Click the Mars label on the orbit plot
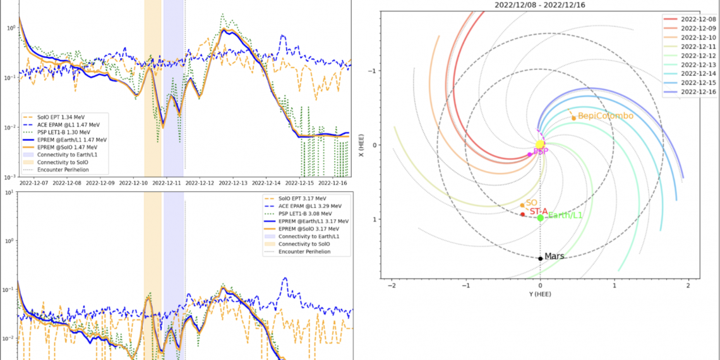pos(555,256)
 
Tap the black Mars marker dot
pos(541,258)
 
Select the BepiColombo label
pos(605,116)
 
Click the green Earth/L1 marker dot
pos(541,217)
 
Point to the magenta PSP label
pos(540,152)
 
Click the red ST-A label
pos(538,212)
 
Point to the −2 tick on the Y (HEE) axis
pos(392,285)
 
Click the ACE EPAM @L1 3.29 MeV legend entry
pos(310,205)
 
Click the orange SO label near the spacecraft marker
pos(531,202)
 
